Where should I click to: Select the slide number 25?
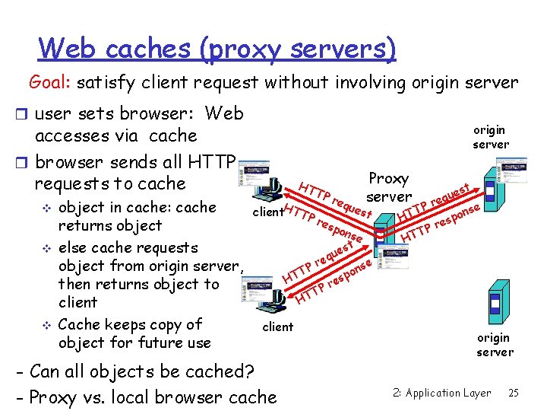point(514,393)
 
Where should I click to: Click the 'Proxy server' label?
point(388,187)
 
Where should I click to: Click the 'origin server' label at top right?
point(491,137)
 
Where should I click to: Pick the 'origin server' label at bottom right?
point(495,344)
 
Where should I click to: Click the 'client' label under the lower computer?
point(277,327)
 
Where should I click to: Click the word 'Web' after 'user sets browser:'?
point(224,113)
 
